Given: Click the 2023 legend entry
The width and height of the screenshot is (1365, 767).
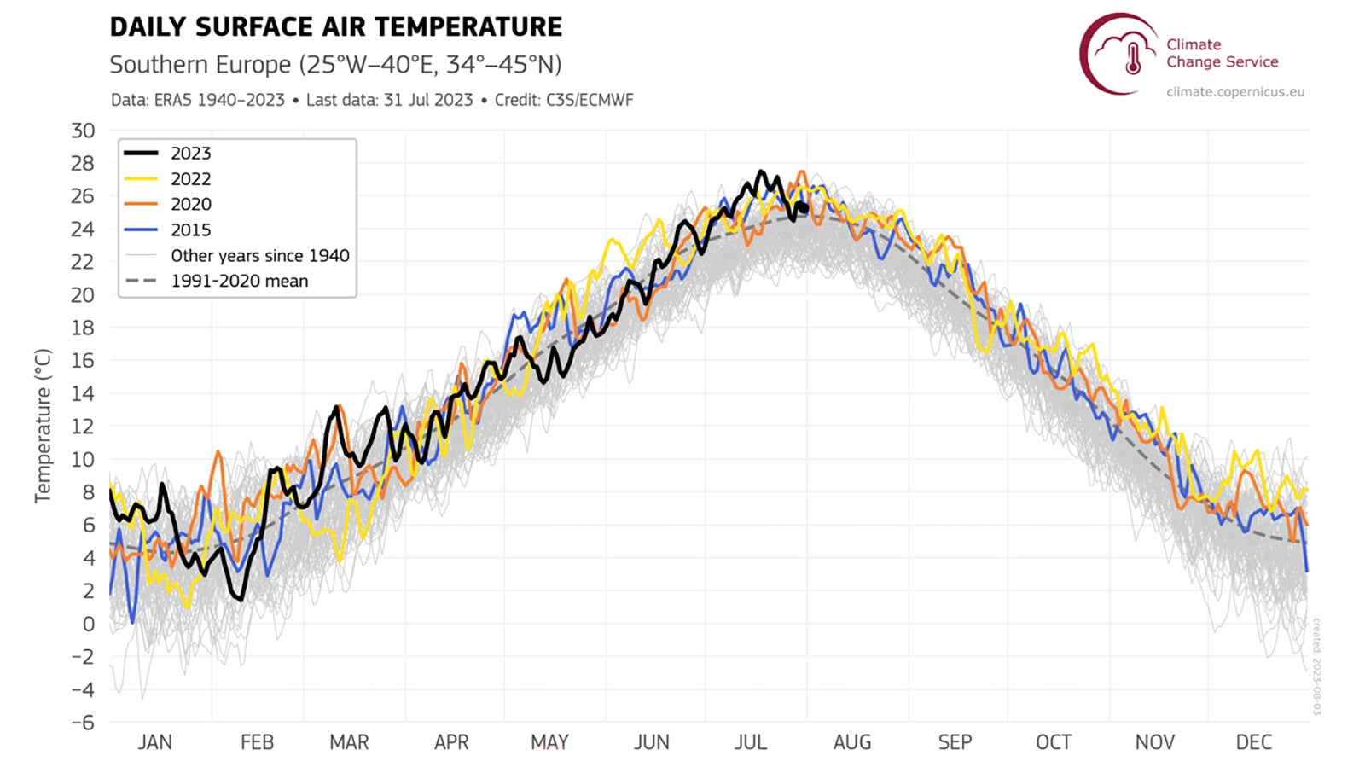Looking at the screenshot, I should (190, 154).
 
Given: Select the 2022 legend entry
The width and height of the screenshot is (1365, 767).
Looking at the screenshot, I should (190, 179).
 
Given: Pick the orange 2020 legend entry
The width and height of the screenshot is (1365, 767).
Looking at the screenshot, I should (190, 205).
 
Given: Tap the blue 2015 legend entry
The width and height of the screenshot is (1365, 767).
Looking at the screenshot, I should (190, 230).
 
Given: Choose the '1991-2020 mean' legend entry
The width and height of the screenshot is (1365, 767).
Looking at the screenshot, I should (239, 282).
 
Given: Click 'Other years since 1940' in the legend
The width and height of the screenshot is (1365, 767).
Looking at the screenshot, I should (259, 256).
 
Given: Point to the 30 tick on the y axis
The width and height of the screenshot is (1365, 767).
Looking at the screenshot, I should (83, 131).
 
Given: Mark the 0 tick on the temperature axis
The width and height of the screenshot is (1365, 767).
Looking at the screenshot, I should (88, 624).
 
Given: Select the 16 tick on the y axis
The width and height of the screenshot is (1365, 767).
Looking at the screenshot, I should (83, 361).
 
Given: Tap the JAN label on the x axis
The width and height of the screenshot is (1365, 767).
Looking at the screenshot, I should (154, 742).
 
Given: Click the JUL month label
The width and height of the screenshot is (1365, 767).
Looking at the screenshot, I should (751, 742).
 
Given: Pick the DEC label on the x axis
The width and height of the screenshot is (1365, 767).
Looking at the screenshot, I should (1253, 742).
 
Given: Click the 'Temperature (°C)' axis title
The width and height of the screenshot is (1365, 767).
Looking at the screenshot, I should (43, 425).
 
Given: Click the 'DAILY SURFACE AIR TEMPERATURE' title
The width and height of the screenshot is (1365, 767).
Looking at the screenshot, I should (336, 27).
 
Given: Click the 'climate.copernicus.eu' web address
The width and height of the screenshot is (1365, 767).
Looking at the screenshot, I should (1235, 92).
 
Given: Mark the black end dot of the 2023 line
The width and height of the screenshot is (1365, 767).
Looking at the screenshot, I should (804, 208).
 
